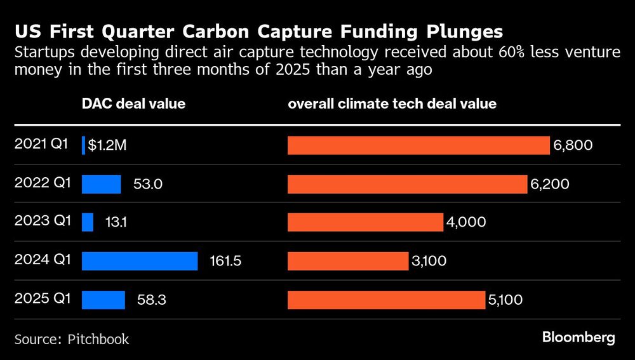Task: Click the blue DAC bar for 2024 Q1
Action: point(140,261)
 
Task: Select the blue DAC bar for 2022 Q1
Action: point(101,184)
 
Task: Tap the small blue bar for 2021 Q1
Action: point(83,145)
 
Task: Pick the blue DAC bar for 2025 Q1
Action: point(104,300)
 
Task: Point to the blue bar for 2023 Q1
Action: point(88,222)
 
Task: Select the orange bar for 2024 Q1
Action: point(348,261)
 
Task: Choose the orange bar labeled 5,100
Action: point(387,300)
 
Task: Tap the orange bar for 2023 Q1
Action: point(365,222)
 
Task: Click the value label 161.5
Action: point(225,261)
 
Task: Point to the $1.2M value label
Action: point(107,145)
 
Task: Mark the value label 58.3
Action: point(152,300)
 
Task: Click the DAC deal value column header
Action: point(133,103)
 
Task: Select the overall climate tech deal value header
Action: point(392,103)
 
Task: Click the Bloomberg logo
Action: point(578,338)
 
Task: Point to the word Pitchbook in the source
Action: point(98,339)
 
